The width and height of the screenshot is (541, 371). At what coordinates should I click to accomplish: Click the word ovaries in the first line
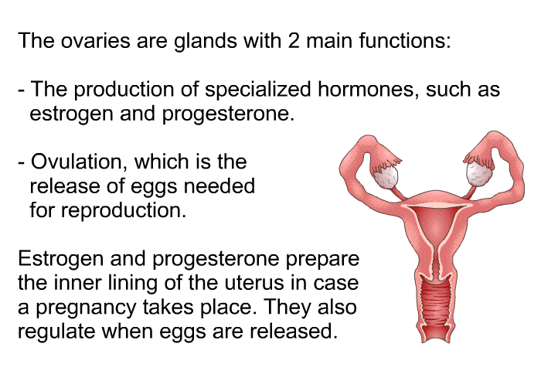point(96,41)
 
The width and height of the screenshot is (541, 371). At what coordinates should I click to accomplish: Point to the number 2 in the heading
point(293,40)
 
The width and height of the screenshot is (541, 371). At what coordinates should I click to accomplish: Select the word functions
point(405,40)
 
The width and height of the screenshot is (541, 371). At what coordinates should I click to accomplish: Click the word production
point(124,90)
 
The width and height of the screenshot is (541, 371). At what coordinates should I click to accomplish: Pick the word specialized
point(258,90)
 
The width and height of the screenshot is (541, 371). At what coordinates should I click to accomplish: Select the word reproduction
point(124,210)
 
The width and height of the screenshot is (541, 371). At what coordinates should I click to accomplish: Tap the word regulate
point(56,332)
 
